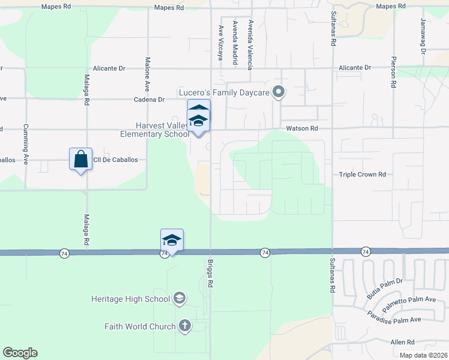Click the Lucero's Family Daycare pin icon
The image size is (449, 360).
point(279,92)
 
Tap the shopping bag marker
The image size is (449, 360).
point(80,159)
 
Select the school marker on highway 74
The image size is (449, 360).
point(172,240)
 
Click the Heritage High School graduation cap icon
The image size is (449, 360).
point(178,298)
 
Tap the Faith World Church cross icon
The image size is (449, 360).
point(184,326)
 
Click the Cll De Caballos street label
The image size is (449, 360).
point(115,160)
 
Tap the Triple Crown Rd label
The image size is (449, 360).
point(362,175)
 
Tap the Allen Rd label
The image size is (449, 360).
point(402,342)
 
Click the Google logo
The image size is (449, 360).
point(20,353)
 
